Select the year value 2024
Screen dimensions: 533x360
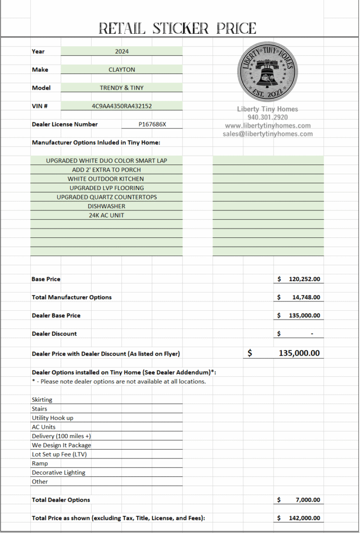122,52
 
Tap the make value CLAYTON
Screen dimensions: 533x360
122,69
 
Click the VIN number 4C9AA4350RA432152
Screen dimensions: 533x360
122,106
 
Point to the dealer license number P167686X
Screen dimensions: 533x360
153,124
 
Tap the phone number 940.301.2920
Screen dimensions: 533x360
268,117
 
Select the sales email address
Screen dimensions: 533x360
268,134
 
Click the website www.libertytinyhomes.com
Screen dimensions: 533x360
268,125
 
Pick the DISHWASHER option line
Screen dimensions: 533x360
106,206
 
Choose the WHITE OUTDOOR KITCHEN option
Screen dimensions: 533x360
106,179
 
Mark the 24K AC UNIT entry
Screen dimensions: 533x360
106,215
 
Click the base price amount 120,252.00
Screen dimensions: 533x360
304,280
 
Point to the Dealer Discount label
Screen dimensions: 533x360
54,334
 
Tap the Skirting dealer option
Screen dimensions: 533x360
42,400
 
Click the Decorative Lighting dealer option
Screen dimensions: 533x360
58,473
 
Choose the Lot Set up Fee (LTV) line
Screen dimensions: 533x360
59,454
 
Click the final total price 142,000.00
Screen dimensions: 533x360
304,518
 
